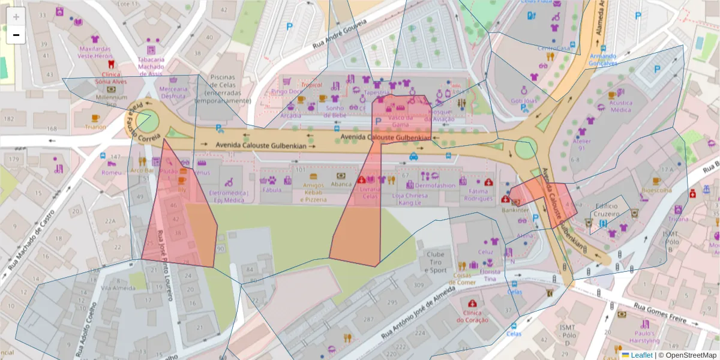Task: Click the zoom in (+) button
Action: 16,17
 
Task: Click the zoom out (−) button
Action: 16,35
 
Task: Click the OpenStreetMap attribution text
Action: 688,355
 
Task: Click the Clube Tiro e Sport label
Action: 436,262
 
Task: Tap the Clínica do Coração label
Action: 473,316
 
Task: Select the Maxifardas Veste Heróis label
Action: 95,52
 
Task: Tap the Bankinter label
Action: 515,210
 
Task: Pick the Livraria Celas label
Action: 370,192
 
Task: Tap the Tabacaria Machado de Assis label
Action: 151,67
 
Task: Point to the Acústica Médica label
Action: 620,106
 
